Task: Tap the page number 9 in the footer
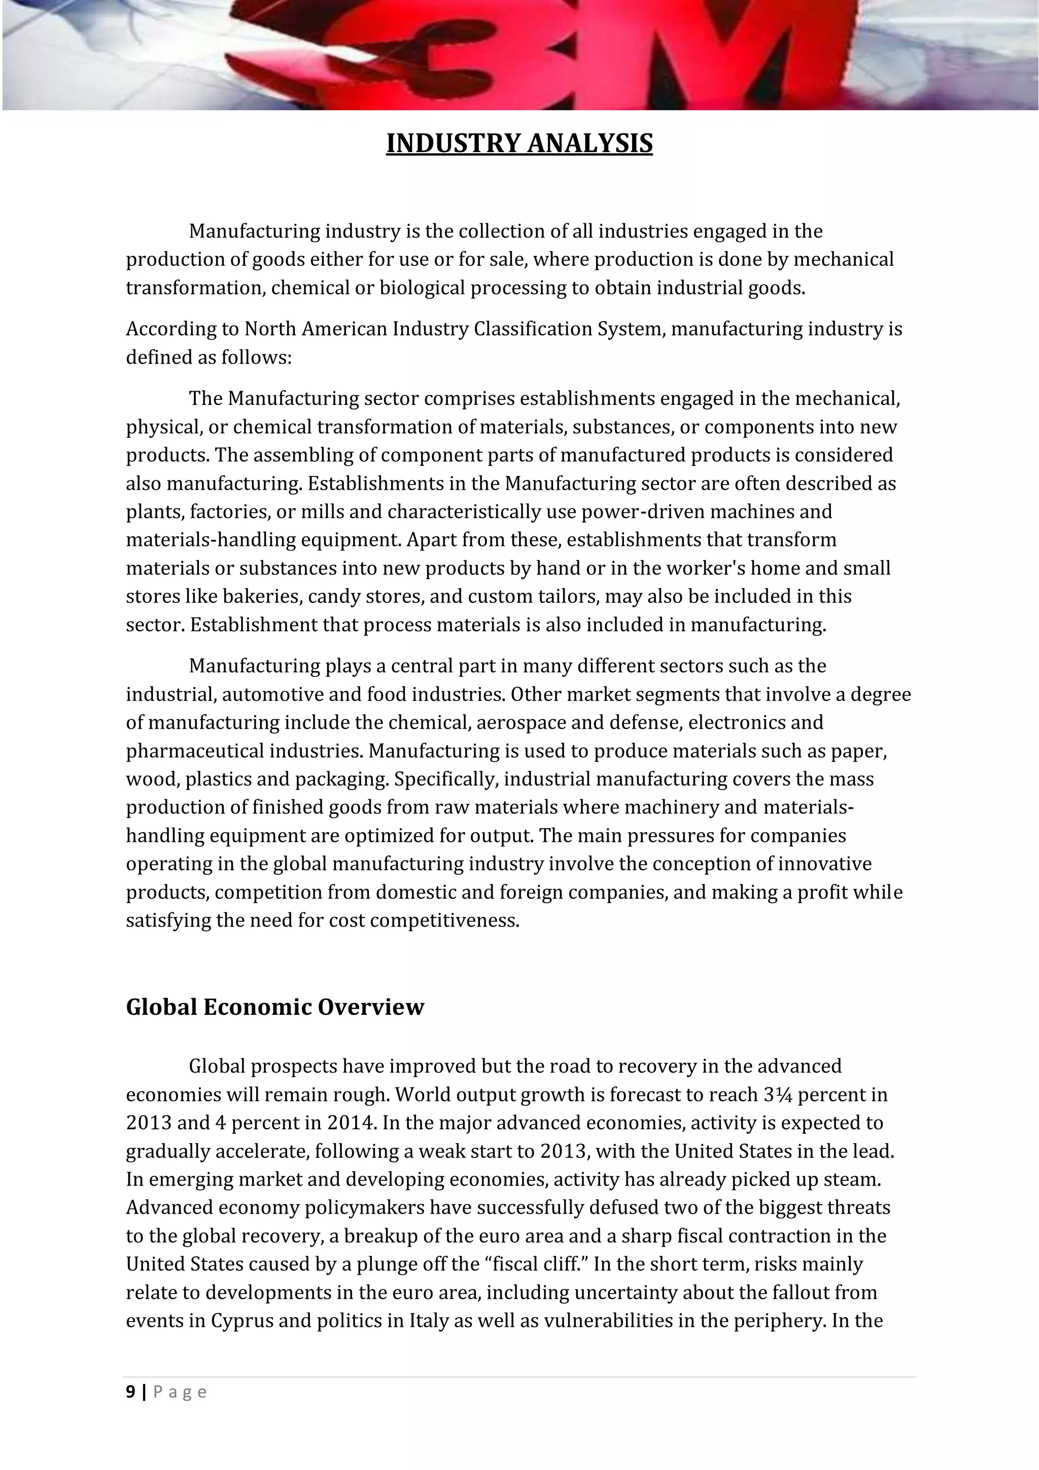130,1392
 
